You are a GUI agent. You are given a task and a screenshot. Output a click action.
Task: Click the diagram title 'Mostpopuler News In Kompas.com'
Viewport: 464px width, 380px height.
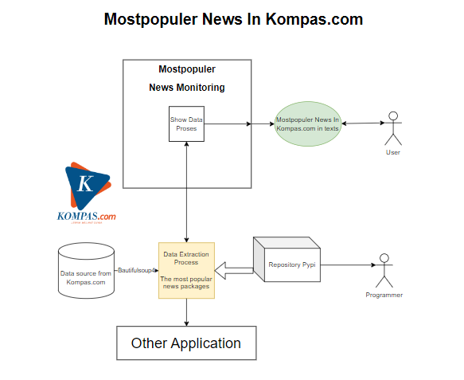(233, 19)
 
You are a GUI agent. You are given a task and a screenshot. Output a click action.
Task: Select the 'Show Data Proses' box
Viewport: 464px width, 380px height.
(187, 124)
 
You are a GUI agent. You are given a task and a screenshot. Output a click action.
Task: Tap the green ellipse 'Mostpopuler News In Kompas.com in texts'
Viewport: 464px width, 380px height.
(308, 124)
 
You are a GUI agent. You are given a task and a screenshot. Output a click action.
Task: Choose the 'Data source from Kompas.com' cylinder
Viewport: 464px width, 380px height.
(86, 272)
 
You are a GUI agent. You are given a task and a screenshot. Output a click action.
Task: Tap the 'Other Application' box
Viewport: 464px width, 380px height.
(186, 343)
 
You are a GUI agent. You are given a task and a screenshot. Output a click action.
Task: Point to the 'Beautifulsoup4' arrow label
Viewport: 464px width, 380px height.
(138, 271)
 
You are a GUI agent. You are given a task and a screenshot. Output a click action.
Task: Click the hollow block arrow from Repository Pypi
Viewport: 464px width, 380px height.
(235, 272)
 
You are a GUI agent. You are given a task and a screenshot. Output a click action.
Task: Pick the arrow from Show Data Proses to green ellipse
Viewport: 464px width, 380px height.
(228, 124)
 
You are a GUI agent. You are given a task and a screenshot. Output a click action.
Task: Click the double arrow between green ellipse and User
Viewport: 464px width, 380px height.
(361, 123)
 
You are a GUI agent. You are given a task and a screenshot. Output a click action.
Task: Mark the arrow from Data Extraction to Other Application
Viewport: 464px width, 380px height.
(186, 312)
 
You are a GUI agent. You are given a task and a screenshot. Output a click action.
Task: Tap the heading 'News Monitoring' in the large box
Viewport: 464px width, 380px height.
(187, 88)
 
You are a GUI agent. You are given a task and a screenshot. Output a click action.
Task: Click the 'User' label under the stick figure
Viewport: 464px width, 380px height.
(392, 152)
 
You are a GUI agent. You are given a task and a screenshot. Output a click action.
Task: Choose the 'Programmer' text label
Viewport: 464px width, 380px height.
(384, 296)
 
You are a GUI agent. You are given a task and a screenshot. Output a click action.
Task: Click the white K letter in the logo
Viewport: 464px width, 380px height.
(85, 185)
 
